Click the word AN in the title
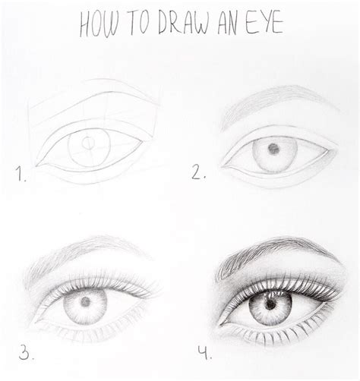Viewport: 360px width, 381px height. (226, 25)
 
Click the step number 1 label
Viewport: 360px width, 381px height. (21, 176)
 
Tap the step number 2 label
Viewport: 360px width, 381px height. (200, 174)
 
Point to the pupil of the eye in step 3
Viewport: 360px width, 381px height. (85, 302)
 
